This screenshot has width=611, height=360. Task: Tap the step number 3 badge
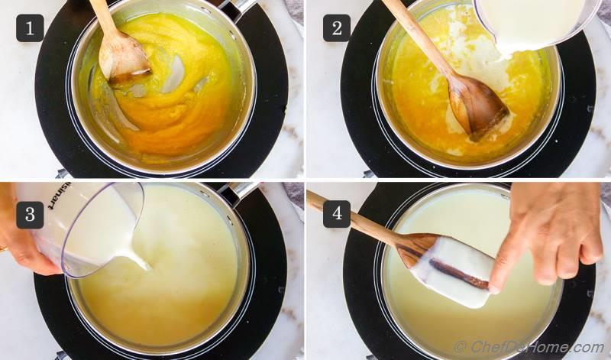tap(30, 215)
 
